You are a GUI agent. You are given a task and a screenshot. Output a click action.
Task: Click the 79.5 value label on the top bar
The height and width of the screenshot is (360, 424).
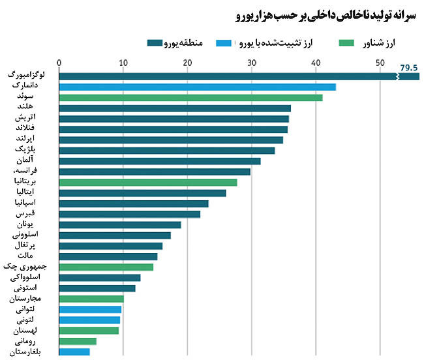409,67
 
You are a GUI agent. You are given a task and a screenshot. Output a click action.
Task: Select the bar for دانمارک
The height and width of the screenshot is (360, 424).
197,87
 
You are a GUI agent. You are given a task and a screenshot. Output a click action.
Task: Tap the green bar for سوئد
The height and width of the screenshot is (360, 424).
190,98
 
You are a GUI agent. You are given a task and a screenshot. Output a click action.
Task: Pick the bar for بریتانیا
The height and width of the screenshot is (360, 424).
148,182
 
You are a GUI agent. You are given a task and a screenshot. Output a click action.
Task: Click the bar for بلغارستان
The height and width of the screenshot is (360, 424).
74,352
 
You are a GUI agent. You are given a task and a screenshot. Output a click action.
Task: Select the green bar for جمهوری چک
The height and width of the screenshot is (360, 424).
106,267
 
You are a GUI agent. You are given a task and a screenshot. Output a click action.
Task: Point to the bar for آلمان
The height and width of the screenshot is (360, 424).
160,161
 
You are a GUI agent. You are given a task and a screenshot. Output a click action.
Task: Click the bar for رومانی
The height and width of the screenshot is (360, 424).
78,341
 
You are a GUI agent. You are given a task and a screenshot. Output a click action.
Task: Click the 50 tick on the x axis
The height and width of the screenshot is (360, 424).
380,63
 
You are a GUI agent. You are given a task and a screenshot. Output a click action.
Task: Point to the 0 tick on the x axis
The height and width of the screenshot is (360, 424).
59,63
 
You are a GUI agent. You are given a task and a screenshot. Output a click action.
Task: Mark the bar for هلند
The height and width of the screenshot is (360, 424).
175,108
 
